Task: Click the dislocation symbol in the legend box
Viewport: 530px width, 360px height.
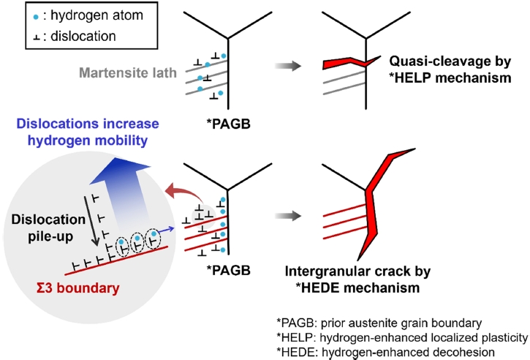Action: (18, 34)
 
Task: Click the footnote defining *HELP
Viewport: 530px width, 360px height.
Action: (401, 337)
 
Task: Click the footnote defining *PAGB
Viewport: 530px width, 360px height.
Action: (395, 323)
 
